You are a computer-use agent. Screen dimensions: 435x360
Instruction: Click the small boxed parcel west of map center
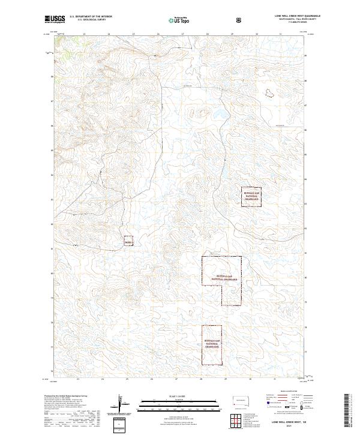128,240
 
